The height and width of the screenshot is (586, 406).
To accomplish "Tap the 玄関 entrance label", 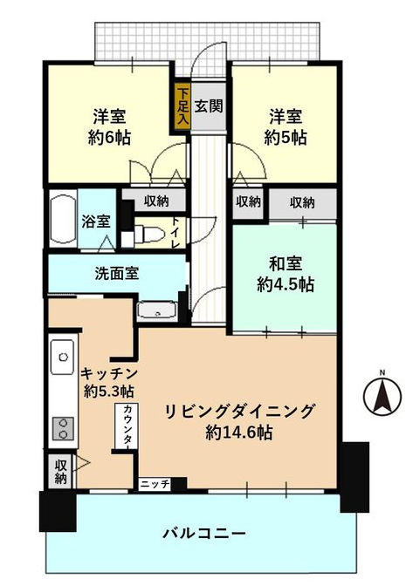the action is (x=209, y=106).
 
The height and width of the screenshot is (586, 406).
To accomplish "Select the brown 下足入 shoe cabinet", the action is (x=183, y=106).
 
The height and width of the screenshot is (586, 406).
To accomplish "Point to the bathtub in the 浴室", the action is (x=63, y=219).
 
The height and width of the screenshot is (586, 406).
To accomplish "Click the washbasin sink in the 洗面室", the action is (x=156, y=310).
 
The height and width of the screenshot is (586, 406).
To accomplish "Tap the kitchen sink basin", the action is (x=63, y=357).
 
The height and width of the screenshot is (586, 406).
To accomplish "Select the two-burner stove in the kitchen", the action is (x=63, y=428).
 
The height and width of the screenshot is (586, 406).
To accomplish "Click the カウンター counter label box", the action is (x=126, y=426).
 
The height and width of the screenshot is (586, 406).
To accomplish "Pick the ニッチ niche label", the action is (x=155, y=484).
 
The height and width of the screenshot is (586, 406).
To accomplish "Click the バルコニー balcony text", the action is (x=204, y=533).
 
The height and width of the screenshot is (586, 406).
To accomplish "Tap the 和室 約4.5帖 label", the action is (x=286, y=274).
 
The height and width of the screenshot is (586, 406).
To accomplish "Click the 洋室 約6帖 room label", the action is (x=109, y=127).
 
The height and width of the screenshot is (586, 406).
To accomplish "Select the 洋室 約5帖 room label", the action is (x=286, y=127).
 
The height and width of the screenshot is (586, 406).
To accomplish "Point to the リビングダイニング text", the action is (x=239, y=411).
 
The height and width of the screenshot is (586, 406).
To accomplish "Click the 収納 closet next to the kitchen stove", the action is (x=62, y=471).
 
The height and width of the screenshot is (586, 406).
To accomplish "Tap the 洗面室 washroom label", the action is (x=117, y=273).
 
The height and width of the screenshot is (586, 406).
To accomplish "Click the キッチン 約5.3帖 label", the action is (x=109, y=382).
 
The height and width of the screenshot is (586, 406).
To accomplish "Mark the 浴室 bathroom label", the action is (x=96, y=221).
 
